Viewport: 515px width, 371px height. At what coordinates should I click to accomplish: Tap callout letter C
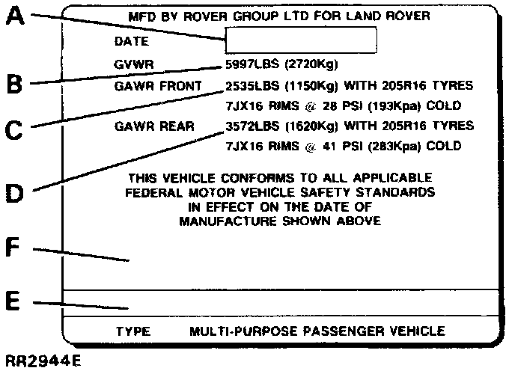(x=15, y=132)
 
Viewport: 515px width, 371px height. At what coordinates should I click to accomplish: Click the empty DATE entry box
(x=301, y=41)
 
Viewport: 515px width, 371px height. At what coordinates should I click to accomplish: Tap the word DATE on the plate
(x=132, y=42)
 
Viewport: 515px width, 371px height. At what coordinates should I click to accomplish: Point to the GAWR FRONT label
(x=158, y=85)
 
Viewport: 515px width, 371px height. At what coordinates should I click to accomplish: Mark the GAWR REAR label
(x=154, y=126)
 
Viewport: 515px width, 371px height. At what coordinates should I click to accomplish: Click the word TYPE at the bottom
(x=133, y=330)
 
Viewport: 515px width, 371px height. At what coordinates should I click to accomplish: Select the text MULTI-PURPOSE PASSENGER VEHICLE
(x=317, y=330)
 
